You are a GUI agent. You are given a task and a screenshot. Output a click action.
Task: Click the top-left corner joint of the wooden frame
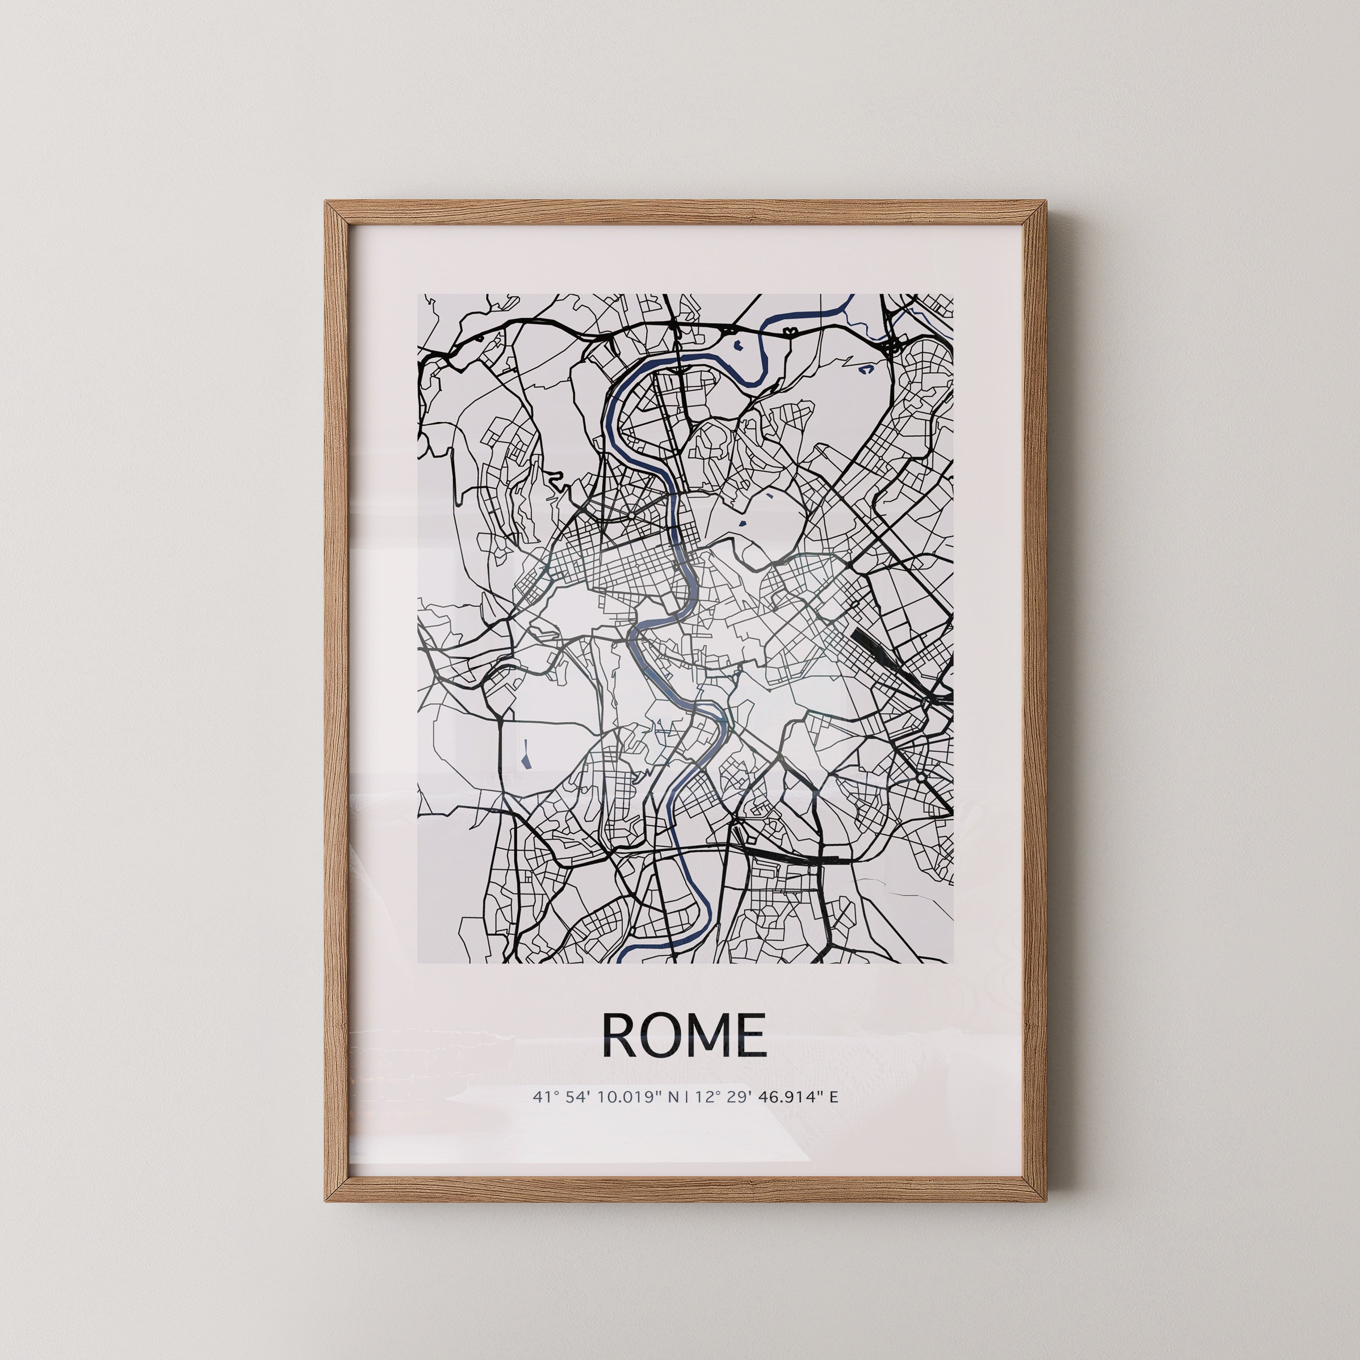tap(336, 213)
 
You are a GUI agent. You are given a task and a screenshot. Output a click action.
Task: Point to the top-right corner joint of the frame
tap(1035, 213)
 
